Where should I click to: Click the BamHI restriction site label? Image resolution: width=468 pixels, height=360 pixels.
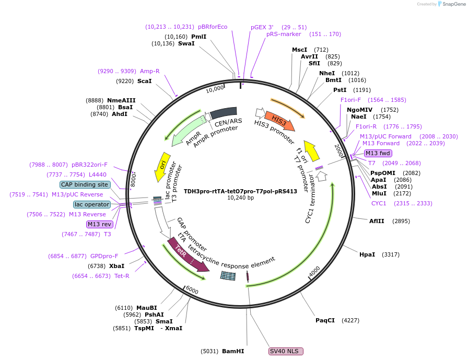(x=233, y=351)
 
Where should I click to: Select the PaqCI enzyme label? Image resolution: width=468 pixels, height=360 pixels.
(x=325, y=320)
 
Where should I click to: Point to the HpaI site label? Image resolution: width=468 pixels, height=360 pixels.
(x=367, y=254)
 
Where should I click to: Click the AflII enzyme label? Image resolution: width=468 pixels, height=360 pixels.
(x=377, y=221)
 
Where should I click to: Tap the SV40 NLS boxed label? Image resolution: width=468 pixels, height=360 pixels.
(x=286, y=351)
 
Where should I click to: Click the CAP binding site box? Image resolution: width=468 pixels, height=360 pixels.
(x=85, y=184)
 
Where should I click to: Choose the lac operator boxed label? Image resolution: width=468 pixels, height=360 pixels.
(x=92, y=204)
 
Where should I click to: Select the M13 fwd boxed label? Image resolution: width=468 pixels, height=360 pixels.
(x=378, y=153)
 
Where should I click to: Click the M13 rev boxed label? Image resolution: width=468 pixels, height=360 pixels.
(x=99, y=224)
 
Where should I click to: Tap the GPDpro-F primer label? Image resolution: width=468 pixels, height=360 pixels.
(x=104, y=256)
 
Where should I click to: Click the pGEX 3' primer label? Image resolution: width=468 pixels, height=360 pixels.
(x=262, y=27)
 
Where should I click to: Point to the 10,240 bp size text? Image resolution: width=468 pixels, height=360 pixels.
(x=240, y=198)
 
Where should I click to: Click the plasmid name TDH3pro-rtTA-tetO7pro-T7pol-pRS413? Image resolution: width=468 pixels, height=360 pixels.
(x=240, y=191)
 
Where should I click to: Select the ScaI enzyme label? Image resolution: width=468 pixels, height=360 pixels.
(x=144, y=81)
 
